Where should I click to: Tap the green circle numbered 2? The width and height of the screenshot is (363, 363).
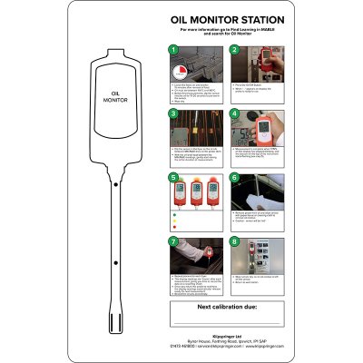pos(234,50)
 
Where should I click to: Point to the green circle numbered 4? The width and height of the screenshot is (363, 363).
pos(234,115)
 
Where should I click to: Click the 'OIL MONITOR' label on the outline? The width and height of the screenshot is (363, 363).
pos(115,96)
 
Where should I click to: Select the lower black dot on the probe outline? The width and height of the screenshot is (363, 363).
pos(115,261)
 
